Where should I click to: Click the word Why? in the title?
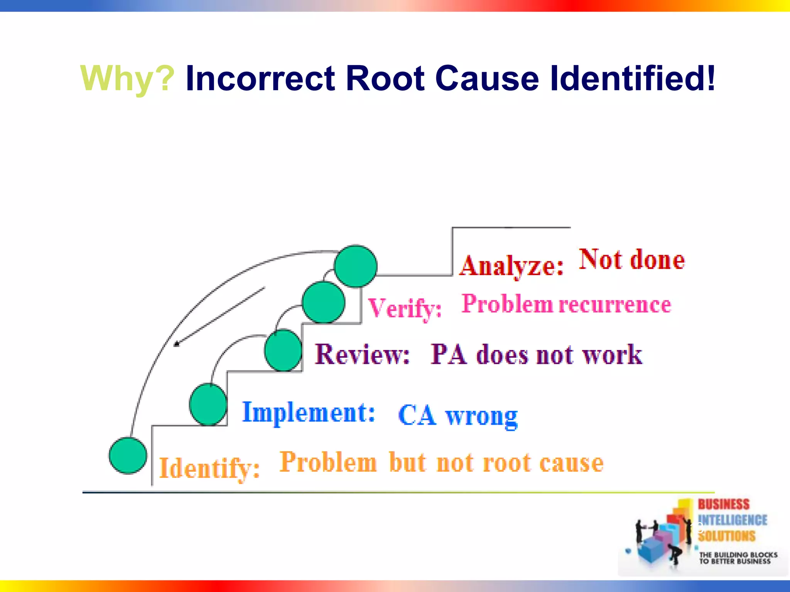(x=127, y=79)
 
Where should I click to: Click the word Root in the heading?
(x=385, y=78)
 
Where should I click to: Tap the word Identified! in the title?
(x=633, y=78)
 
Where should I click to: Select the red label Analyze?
(x=511, y=266)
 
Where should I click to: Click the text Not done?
(x=631, y=260)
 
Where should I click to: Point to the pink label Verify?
(x=405, y=308)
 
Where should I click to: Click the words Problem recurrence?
(x=566, y=304)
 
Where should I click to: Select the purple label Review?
(x=362, y=354)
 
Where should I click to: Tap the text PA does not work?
(x=536, y=355)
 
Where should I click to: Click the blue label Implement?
(x=308, y=413)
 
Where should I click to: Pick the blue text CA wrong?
(x=457, y=416)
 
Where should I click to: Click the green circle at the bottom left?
(x=128, y=455)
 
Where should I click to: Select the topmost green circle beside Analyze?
(x=355, y=266)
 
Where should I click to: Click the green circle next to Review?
(x=283, y=350)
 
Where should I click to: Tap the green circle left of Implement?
(x=208, y=404)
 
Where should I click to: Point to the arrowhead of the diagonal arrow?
(x=176, y=344)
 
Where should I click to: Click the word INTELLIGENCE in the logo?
(x=732, y=520)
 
